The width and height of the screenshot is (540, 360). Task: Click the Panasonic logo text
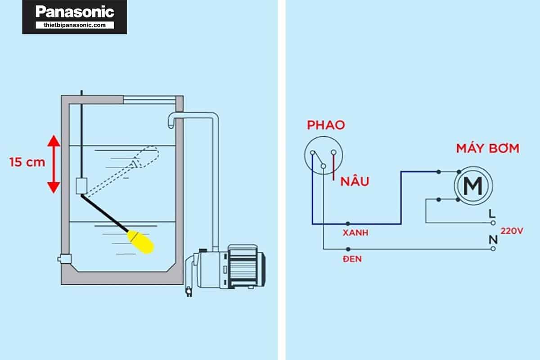75,12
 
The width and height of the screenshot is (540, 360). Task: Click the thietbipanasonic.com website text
75,25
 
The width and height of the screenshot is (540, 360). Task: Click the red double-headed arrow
54,164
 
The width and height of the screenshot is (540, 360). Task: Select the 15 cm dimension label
27,162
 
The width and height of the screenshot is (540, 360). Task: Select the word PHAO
326,125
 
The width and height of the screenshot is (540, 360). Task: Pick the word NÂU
355,182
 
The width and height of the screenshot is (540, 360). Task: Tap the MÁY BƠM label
487,148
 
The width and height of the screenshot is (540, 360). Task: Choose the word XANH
355,234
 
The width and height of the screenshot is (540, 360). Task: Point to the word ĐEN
351,260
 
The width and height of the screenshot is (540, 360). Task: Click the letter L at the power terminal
492,213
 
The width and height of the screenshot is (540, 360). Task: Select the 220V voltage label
512,231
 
